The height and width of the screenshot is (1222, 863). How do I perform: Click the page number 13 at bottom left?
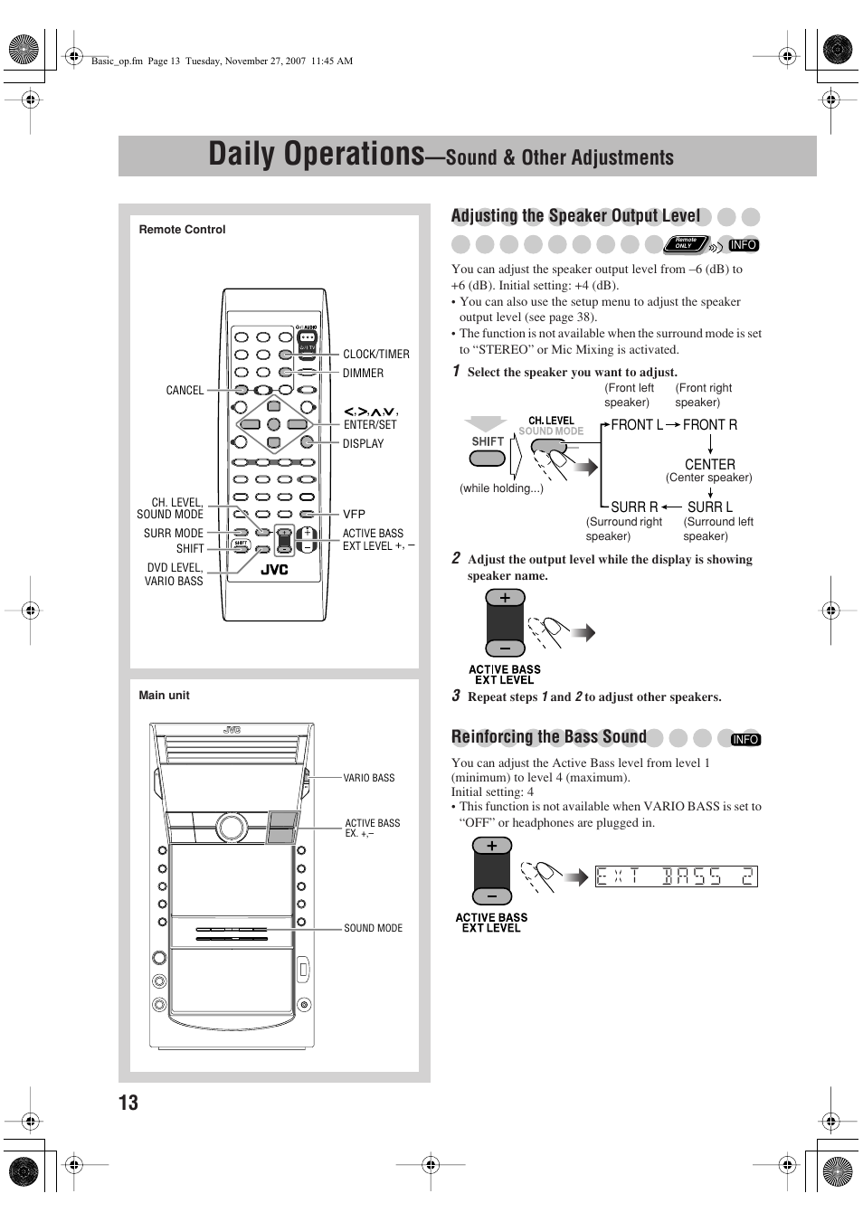[128, 1102]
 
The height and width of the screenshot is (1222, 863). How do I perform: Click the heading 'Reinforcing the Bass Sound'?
[548, 736]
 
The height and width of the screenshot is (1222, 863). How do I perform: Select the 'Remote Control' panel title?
[182, 230]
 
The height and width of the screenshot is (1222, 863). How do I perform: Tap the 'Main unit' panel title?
[164, 696]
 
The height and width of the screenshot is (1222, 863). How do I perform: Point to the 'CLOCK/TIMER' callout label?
[375, 355]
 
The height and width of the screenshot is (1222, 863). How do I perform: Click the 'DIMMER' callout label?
[363, 374]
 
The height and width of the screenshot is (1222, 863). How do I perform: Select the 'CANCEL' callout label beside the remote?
[185, 391]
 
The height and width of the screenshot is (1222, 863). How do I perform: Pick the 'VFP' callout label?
[354, 514]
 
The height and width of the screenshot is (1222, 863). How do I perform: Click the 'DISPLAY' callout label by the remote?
[363, 444]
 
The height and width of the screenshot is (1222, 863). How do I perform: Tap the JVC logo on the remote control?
[274, 570]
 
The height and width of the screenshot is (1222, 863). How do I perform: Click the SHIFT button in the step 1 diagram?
[487, 458]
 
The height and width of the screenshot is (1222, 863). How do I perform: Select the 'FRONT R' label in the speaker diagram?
[709, 425]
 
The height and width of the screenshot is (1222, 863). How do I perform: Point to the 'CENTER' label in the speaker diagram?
[709, 464]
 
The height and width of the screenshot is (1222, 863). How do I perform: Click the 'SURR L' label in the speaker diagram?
[709, 507]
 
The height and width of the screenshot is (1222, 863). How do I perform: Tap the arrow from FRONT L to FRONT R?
[673, 425]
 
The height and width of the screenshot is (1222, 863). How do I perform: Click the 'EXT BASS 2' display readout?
[676, 876]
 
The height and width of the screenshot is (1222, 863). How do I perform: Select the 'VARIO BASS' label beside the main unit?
[369, 778]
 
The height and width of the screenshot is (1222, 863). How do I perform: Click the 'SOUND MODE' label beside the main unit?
[373, 928]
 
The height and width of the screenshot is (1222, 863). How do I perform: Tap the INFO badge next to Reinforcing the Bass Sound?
[745, 740]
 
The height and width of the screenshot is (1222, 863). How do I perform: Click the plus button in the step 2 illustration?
[505, 598]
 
